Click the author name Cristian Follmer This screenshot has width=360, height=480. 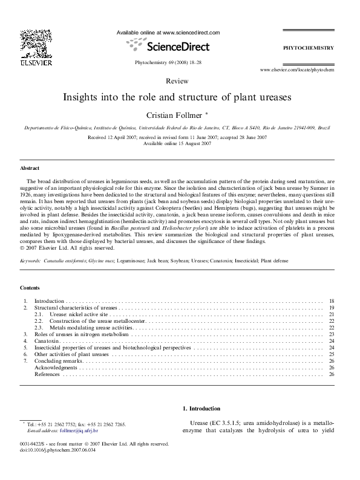click(178, 114)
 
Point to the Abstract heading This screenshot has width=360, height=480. click(30, 168)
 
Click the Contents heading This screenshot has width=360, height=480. click(30, 288)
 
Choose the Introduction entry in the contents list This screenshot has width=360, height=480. click(48, 300)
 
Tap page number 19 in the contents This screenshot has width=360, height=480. click(332, 308)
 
